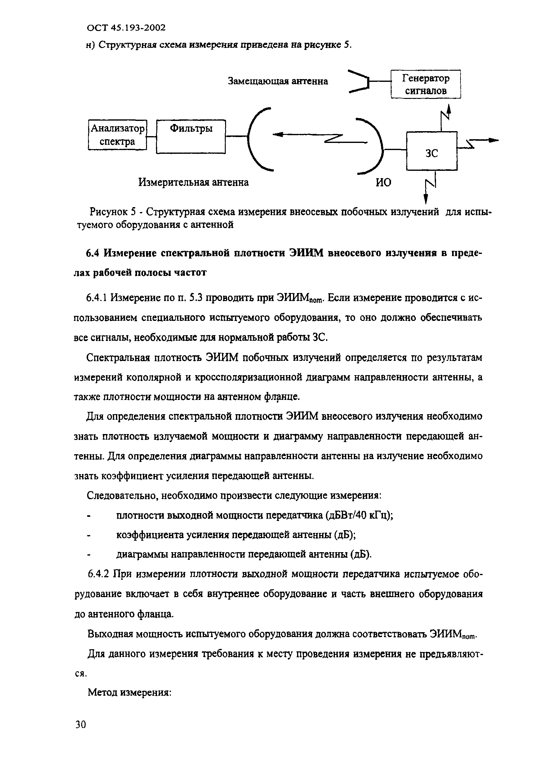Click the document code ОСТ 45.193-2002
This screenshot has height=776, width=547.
click(x=126, y=28)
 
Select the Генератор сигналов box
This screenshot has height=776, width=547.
click(x=425, y=84)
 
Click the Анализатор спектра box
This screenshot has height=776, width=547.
click(x=117, y=135)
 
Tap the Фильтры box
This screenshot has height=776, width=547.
click(x=191, y=136)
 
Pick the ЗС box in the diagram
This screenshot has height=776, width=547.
click(x=431, y=151)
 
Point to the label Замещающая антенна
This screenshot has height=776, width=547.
click(x=278, y=82)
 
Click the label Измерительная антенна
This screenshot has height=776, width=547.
click(x=193, y=183)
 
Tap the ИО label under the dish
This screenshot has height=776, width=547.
click(x=383, y=183)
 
